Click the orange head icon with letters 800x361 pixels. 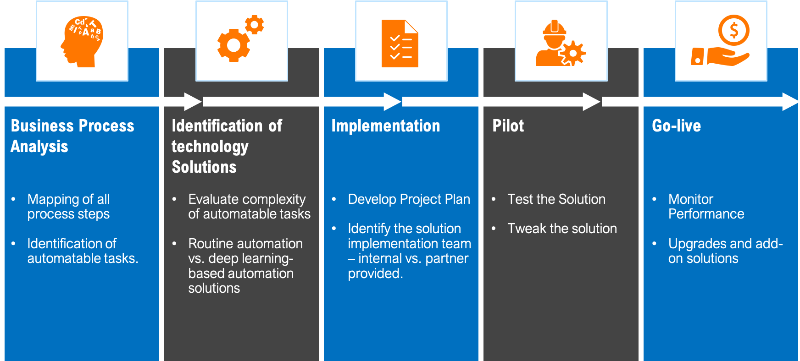82,42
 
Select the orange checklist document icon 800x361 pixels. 400,44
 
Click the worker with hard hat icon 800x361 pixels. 560,44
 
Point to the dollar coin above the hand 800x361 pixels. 733,30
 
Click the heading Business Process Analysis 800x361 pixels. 72,136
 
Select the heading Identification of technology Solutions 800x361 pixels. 227,146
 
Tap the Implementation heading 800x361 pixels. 385,126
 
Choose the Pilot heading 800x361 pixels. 508,126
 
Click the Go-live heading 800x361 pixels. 676,126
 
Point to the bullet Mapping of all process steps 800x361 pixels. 68,207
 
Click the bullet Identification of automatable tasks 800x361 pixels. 83,251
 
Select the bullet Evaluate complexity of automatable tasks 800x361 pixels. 249,207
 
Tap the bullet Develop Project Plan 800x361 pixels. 409,199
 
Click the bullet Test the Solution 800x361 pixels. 556,199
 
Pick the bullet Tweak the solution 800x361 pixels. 562,229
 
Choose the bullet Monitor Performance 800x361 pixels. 706,207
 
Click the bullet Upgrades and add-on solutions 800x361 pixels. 725,251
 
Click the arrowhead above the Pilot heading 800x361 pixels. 591,102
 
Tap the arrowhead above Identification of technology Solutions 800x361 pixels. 193,102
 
